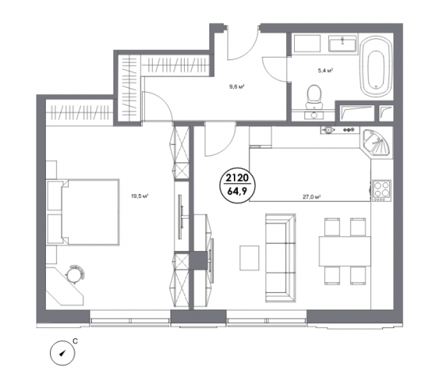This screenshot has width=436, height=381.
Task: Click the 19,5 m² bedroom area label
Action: (140, 196)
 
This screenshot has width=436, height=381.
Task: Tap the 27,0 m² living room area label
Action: (312, 197)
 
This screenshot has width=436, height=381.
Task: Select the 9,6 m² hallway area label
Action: (237, 86)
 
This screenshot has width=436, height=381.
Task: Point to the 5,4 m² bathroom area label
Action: (326, 70)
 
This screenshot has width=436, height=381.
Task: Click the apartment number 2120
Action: (237, 178)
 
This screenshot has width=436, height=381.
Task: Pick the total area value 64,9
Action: (237, 192)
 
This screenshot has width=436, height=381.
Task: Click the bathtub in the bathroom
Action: (376, 66)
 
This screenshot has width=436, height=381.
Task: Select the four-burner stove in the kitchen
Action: (381, 191)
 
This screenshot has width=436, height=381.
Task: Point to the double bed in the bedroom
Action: (83, 212)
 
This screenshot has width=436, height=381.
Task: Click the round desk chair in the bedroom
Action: (75, 274)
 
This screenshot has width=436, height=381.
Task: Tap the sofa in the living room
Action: (281, 257)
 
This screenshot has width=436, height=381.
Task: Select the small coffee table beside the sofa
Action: (250, 257)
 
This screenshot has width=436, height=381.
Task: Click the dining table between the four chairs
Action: (345, 251)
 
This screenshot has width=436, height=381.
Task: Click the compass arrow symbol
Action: (63, 353)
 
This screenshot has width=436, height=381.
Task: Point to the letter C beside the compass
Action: (75, 341)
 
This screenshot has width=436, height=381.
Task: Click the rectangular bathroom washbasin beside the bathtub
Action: (342, 44)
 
